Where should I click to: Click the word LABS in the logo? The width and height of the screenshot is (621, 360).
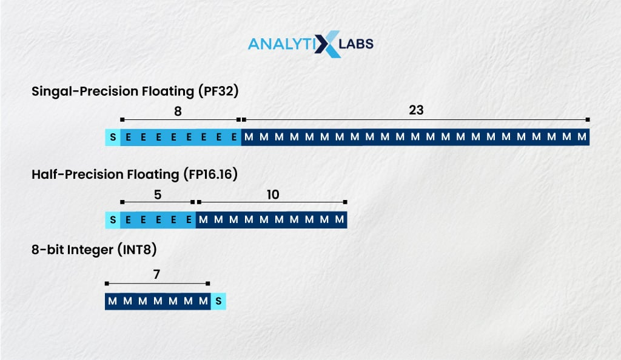click(358, 44)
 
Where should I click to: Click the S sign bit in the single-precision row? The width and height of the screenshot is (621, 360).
click(113, 137)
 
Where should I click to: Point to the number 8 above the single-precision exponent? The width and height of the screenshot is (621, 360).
click(178, 112)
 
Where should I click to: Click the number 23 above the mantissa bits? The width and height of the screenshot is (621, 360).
click(416, 110)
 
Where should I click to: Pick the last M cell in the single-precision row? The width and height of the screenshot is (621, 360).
click(582, 137)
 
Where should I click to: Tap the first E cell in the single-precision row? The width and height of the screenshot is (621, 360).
click(128, 137)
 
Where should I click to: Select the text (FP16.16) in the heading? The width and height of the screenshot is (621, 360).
click(210, 175)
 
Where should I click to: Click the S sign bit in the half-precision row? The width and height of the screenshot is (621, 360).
click(113, 219)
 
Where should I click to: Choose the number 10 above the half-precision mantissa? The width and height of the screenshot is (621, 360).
click(273, 194)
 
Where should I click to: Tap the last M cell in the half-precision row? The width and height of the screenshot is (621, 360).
click(340, 219)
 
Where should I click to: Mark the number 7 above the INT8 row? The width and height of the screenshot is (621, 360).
click(156, 275)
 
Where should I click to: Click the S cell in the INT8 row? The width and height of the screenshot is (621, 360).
click(218, 301)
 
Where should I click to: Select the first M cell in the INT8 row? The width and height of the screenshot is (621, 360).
click(112, 301)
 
